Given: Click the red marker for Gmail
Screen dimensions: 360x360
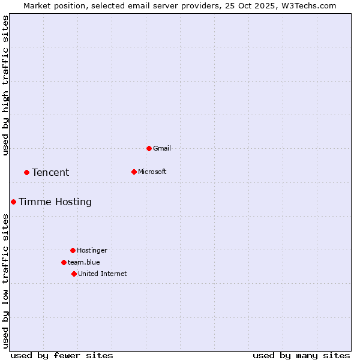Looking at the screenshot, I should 149,148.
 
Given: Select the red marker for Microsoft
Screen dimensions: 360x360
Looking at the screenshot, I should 134,172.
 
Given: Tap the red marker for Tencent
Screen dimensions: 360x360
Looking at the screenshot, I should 26,172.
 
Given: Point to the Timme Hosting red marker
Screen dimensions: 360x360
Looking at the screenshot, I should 13,202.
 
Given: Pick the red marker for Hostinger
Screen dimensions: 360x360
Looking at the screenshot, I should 73,250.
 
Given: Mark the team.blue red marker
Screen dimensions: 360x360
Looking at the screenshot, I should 64,262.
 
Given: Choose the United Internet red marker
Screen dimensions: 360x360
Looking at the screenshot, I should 74,274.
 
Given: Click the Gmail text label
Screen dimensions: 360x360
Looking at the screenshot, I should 162,148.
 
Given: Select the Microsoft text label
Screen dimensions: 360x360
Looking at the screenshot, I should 152,172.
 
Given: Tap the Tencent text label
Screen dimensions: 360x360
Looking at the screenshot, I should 50,172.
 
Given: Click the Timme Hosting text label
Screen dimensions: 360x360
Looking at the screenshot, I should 55,202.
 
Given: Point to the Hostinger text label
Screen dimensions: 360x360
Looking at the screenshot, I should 92,250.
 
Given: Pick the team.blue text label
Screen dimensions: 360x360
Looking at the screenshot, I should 83,262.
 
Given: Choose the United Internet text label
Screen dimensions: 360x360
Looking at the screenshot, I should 102,274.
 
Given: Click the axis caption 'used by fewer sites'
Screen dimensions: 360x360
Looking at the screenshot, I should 62,355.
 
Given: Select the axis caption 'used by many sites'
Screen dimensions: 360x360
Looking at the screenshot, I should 301,355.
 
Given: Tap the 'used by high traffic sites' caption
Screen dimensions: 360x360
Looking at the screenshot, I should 6,85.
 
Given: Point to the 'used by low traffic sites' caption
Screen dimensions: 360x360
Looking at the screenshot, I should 6,280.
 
